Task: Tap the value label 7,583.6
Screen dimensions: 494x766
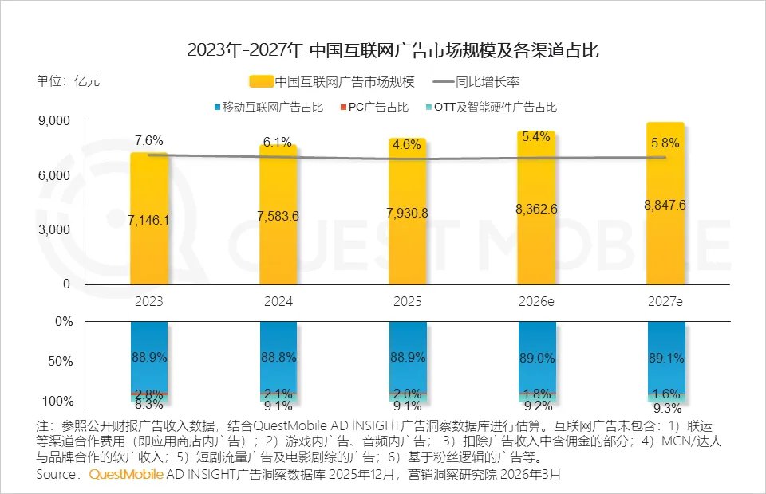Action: coord(278,216)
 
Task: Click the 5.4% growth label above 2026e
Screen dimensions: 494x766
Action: coord(536,137)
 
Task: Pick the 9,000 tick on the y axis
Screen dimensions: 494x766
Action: coord(55,121)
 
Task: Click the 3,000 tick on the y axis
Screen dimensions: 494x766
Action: coord(55,229)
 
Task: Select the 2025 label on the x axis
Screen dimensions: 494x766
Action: coord(407,302)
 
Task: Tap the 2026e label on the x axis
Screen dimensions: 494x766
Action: coord(535,302)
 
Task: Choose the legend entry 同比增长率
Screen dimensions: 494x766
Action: coord(488,81)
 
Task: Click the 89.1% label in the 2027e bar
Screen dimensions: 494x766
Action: coord(665,358)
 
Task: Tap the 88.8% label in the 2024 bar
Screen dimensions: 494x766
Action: coord(278,358)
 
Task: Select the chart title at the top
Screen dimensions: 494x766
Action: coord(383,50)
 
